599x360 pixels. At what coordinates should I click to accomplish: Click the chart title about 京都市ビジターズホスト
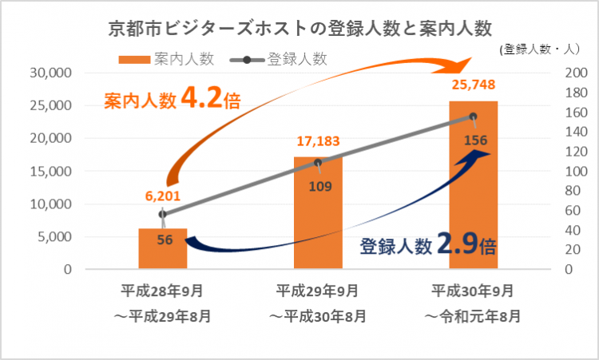point(299,29)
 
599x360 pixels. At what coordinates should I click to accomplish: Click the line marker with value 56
point(163,214)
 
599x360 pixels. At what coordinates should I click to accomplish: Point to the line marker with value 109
point(318,163)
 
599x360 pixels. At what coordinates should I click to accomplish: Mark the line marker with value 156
point(473,117)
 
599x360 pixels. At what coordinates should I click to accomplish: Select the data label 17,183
point(318,141)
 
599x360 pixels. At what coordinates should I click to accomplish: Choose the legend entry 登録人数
point(284,58)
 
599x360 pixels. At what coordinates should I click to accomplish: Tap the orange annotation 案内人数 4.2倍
point(173,101)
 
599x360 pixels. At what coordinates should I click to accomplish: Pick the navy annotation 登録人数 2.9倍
point(428,246)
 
